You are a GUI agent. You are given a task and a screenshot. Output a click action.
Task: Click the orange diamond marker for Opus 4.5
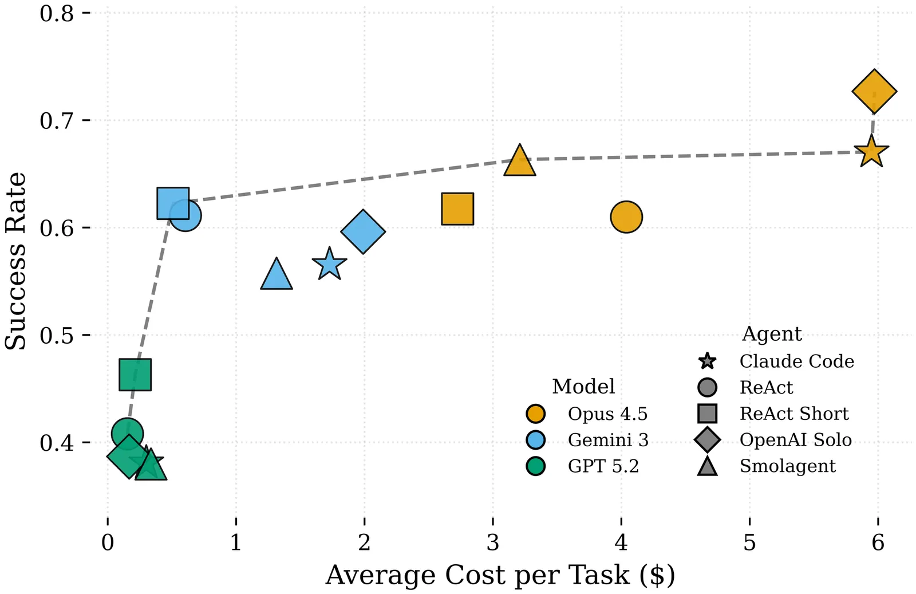(874, 92)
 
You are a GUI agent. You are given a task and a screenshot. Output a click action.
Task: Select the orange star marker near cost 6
(871, 153)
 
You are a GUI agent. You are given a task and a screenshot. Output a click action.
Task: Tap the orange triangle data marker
(519, 162)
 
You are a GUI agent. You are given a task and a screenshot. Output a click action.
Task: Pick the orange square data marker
(457, 209)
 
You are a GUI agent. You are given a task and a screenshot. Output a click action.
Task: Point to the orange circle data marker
(626, 217)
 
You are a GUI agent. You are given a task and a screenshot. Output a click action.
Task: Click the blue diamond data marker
(363, 231)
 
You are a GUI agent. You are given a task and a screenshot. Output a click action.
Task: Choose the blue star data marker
(329, 265)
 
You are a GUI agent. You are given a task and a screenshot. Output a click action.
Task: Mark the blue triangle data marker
(277, 276)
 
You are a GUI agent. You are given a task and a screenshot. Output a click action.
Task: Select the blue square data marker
(173, 203)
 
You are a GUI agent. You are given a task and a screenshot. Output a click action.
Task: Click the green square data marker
(135, 375)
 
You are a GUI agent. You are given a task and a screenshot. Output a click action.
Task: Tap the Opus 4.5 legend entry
(607, 414)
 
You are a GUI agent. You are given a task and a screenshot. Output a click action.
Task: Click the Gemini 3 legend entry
(607, 440)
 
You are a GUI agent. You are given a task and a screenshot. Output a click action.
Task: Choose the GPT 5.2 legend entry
(603, 466)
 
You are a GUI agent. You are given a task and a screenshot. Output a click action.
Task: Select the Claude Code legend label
(796, 361)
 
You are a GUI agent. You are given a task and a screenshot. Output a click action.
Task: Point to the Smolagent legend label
(787, 466)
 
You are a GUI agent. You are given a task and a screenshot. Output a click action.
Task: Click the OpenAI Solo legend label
(795, 440)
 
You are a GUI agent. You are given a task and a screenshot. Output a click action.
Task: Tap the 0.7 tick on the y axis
(57, 121)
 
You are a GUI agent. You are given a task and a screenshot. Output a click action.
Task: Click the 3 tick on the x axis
(493, 542)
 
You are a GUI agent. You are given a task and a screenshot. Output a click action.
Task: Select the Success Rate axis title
(15, 261)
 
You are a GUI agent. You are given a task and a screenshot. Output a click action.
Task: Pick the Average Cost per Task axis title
(500, 575)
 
